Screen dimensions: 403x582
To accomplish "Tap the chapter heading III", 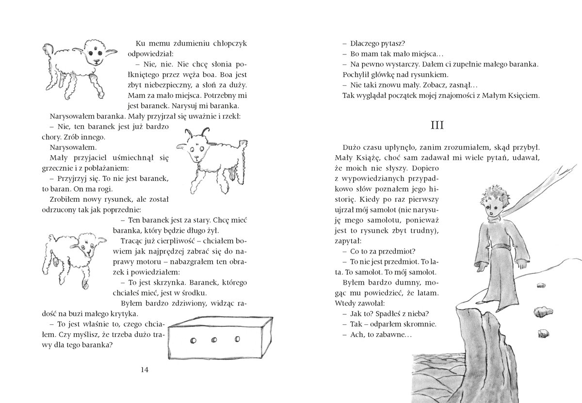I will click(438, 125).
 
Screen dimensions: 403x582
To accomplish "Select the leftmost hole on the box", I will click(192, 340).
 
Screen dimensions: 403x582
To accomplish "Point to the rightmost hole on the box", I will click(237, 339).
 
